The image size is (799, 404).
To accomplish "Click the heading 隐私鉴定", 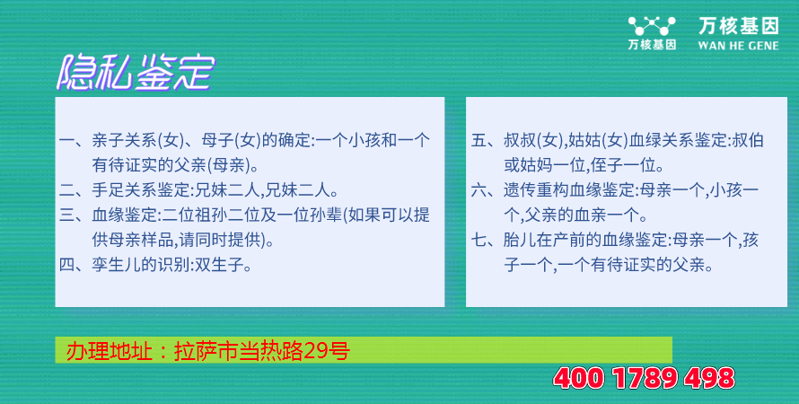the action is click(x=135, y=73).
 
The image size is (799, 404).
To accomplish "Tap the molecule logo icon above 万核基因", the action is click(x=652, y=25).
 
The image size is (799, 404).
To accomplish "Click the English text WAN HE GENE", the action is click(x=738, y=46).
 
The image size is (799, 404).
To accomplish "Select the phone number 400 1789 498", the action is click(x=644, y=379).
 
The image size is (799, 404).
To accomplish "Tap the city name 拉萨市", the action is click(x=207, y=351).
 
